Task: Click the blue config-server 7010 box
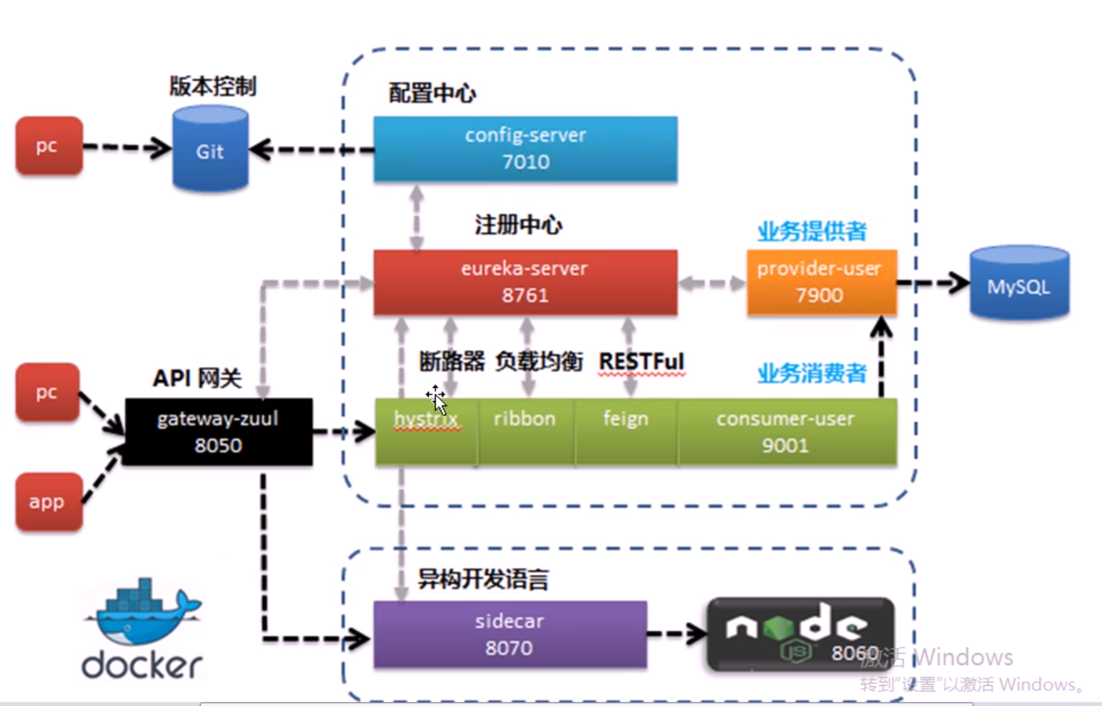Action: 525,149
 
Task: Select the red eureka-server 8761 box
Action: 525,282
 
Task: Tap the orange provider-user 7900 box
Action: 821,282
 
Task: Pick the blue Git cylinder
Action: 210,149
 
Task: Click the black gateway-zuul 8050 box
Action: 218,432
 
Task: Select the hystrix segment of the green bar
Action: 426,432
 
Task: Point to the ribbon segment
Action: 525,432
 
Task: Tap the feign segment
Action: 626,432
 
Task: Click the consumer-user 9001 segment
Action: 786,432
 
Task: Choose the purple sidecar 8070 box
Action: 510,634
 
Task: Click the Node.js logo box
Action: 801,634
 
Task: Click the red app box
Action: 48,502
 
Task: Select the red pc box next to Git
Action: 48,145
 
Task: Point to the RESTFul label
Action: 642,361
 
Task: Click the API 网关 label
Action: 197,378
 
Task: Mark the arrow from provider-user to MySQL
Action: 933,282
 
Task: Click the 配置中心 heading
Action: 432,94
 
